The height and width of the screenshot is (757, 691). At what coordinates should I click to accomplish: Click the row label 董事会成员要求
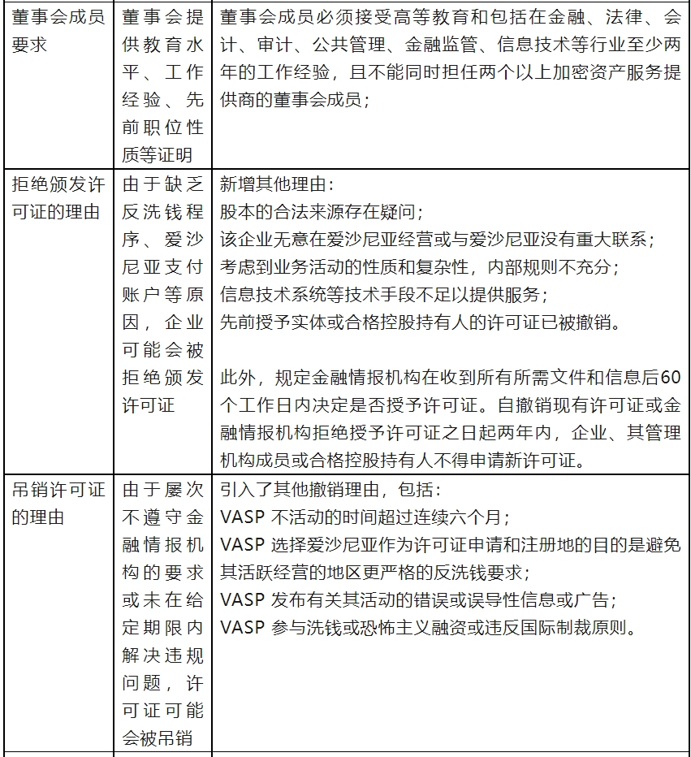click(x=58, y=31)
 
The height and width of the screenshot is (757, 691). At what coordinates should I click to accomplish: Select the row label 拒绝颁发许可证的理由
click(x=58, y=198)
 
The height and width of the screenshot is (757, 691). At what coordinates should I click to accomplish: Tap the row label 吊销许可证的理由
click(x=58, y=504)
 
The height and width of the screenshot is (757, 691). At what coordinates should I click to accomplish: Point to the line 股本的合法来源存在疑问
click(x=321, y=213)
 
